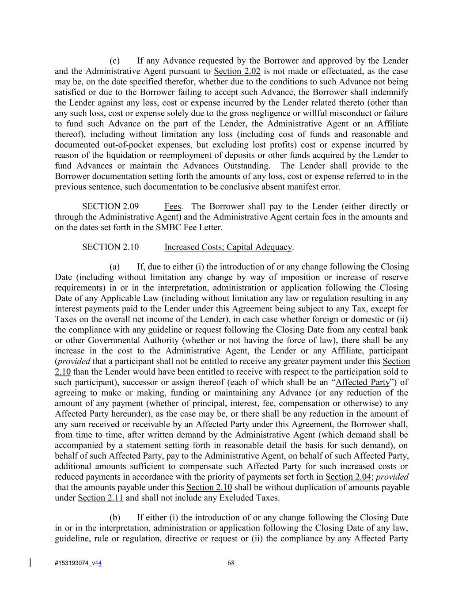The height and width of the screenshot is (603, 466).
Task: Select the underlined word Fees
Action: pos(172,206)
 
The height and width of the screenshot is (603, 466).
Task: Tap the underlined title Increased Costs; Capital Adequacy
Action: pos(228,247)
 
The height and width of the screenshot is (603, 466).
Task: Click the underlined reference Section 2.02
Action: pos(237,71)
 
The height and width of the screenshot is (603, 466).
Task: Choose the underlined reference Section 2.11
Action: pos(100,498)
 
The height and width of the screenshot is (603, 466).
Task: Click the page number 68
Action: pos(231,563)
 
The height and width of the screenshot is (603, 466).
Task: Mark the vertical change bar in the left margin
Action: pos(30,562)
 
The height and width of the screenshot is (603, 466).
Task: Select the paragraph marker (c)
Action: pos(114,61)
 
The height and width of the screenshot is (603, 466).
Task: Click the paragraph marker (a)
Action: pos(114,266)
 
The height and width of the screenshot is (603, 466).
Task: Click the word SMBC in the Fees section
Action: pos(168,228)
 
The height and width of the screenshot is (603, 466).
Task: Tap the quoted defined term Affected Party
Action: pos(363,382)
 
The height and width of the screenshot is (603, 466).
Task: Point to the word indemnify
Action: pos(391,92)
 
